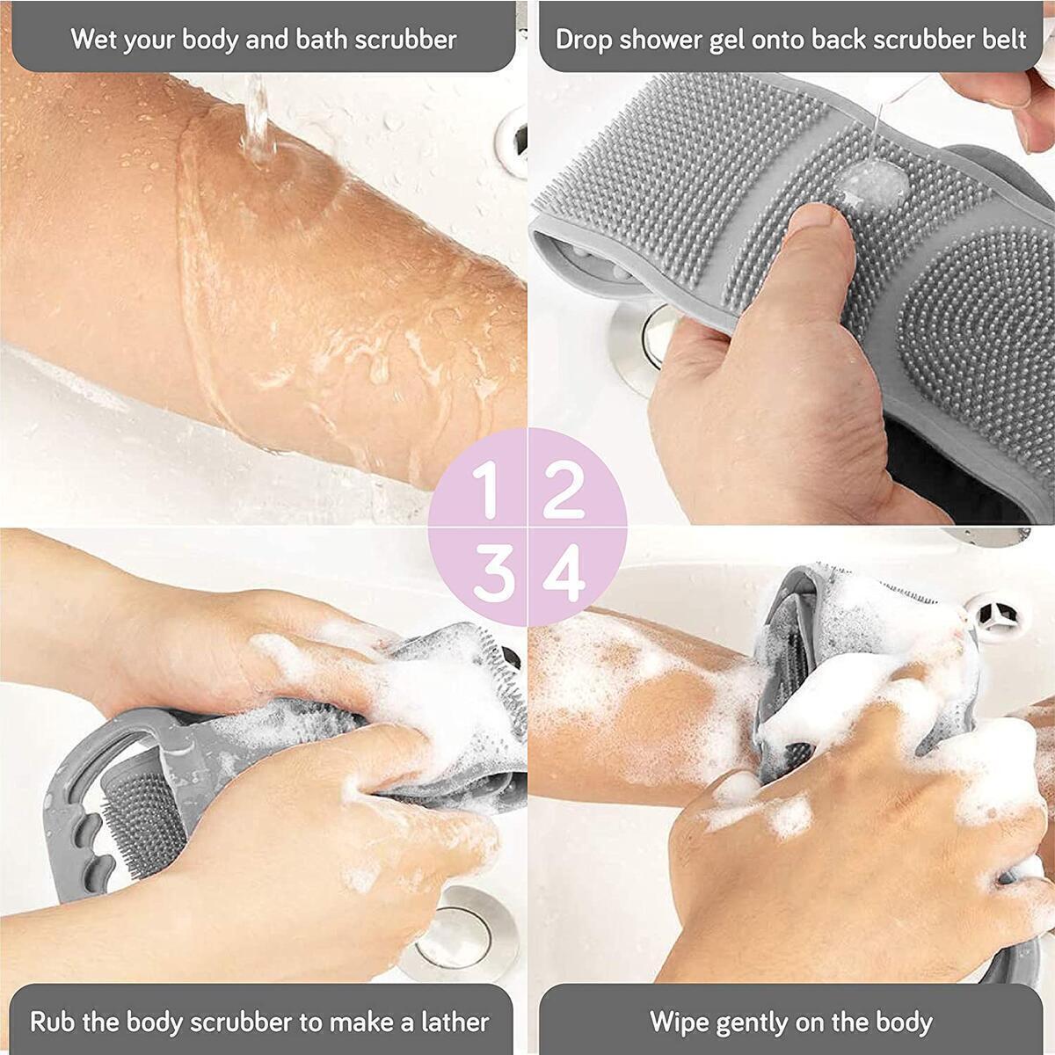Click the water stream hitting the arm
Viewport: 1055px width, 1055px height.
click(x=257, y=123)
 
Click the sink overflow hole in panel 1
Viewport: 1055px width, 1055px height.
click(x=513, y=141)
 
